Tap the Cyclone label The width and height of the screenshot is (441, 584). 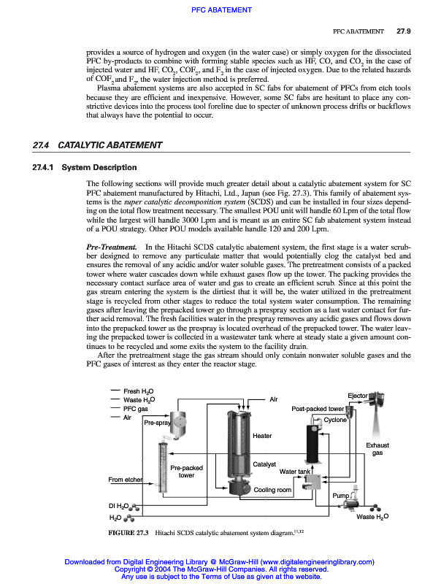pos(335,420)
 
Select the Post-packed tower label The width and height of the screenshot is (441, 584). pos(318,409)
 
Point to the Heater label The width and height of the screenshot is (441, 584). pos(261,436)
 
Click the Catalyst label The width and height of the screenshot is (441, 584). pos(264,464)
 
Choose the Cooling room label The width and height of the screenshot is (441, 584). pos(272,490)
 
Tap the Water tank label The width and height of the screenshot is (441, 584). pos(296,472)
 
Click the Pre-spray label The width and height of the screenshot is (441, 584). pos(157,423)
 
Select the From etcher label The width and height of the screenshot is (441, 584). pos(125,480)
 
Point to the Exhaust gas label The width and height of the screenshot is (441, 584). pos(377,449)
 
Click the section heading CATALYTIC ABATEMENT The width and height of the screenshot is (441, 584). pos(109,145)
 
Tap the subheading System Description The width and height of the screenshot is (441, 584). pos(99,168)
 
